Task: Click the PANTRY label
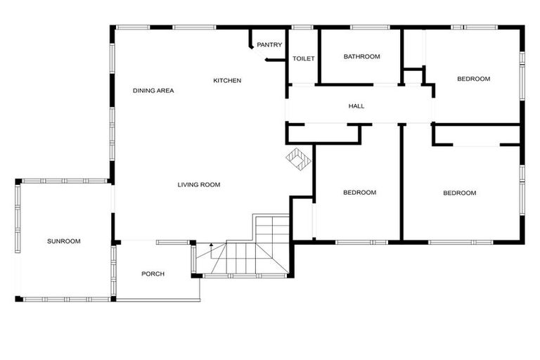(269, 45)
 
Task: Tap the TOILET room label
(303, 58)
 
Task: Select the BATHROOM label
(361, 57)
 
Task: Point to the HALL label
(356, 106)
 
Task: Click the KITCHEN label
(227, 81)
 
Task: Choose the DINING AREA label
(153, 91)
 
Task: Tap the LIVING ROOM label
(199, 185)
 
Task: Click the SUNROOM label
(64, 241)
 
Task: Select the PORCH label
(153, 274)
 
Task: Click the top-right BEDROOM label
(473, 79)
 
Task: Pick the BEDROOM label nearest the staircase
(359, 193)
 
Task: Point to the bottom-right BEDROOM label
(459, 193)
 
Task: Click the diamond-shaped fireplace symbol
(297, 158)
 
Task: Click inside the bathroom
(361, 70)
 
